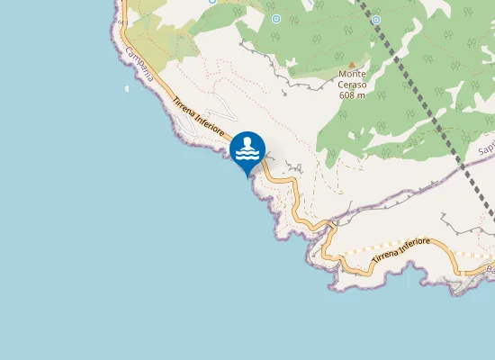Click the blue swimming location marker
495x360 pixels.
(x=247, y=150)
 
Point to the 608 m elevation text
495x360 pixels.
(x=353, y=94)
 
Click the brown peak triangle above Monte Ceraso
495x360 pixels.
(x=352, y=63)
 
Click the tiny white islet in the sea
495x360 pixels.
(x=125, y=88)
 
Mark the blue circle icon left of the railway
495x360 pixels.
(x=275, y=18)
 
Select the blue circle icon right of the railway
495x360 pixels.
(x=375, y=19)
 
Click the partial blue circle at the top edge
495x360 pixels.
(x=211, y=2)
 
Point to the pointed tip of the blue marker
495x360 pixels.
(x=247, y=176)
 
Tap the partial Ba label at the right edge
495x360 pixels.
(x=489, y=269)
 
